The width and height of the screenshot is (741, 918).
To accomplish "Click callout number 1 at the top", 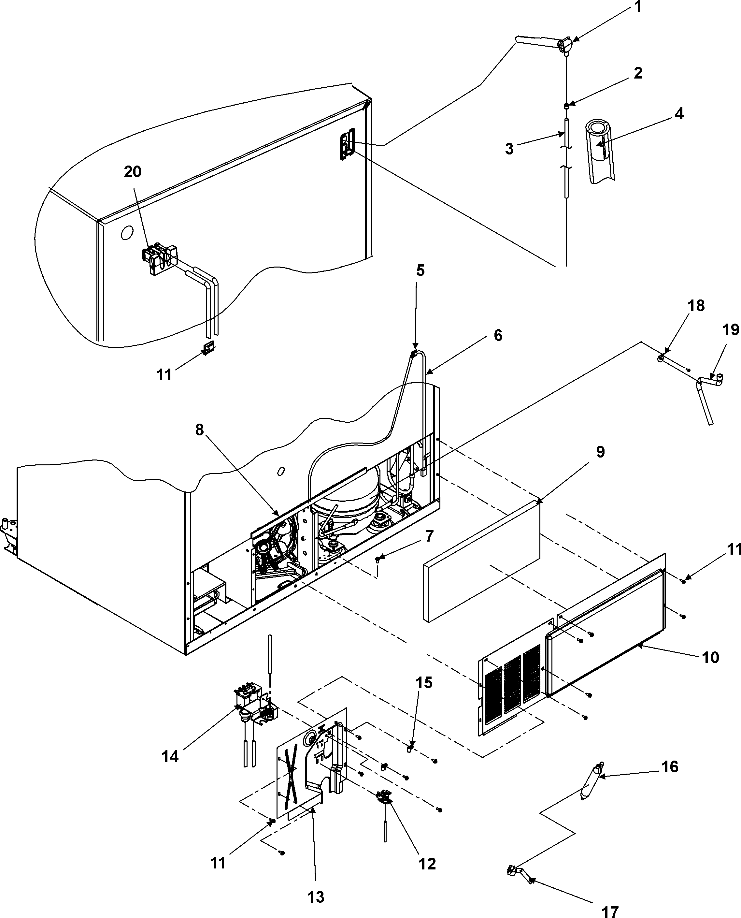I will pos(638,7).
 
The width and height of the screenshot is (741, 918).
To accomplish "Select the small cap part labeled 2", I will pos(566,106).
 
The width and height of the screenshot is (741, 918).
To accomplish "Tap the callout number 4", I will pos(679,114).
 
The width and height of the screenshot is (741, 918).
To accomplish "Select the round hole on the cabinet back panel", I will pos(127,233).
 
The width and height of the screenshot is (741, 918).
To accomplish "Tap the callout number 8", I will pos(199,430).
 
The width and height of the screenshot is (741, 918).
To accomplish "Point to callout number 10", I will pos(710,658).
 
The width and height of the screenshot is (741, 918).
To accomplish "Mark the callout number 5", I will pos(420,270).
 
